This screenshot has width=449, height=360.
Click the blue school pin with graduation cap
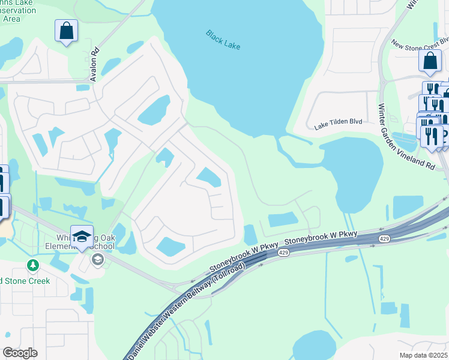tap(82, 236)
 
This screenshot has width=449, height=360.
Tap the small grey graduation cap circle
tap(97, 259)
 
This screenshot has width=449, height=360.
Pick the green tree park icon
tap(33, 265)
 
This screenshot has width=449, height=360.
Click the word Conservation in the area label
tap(13, 10)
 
